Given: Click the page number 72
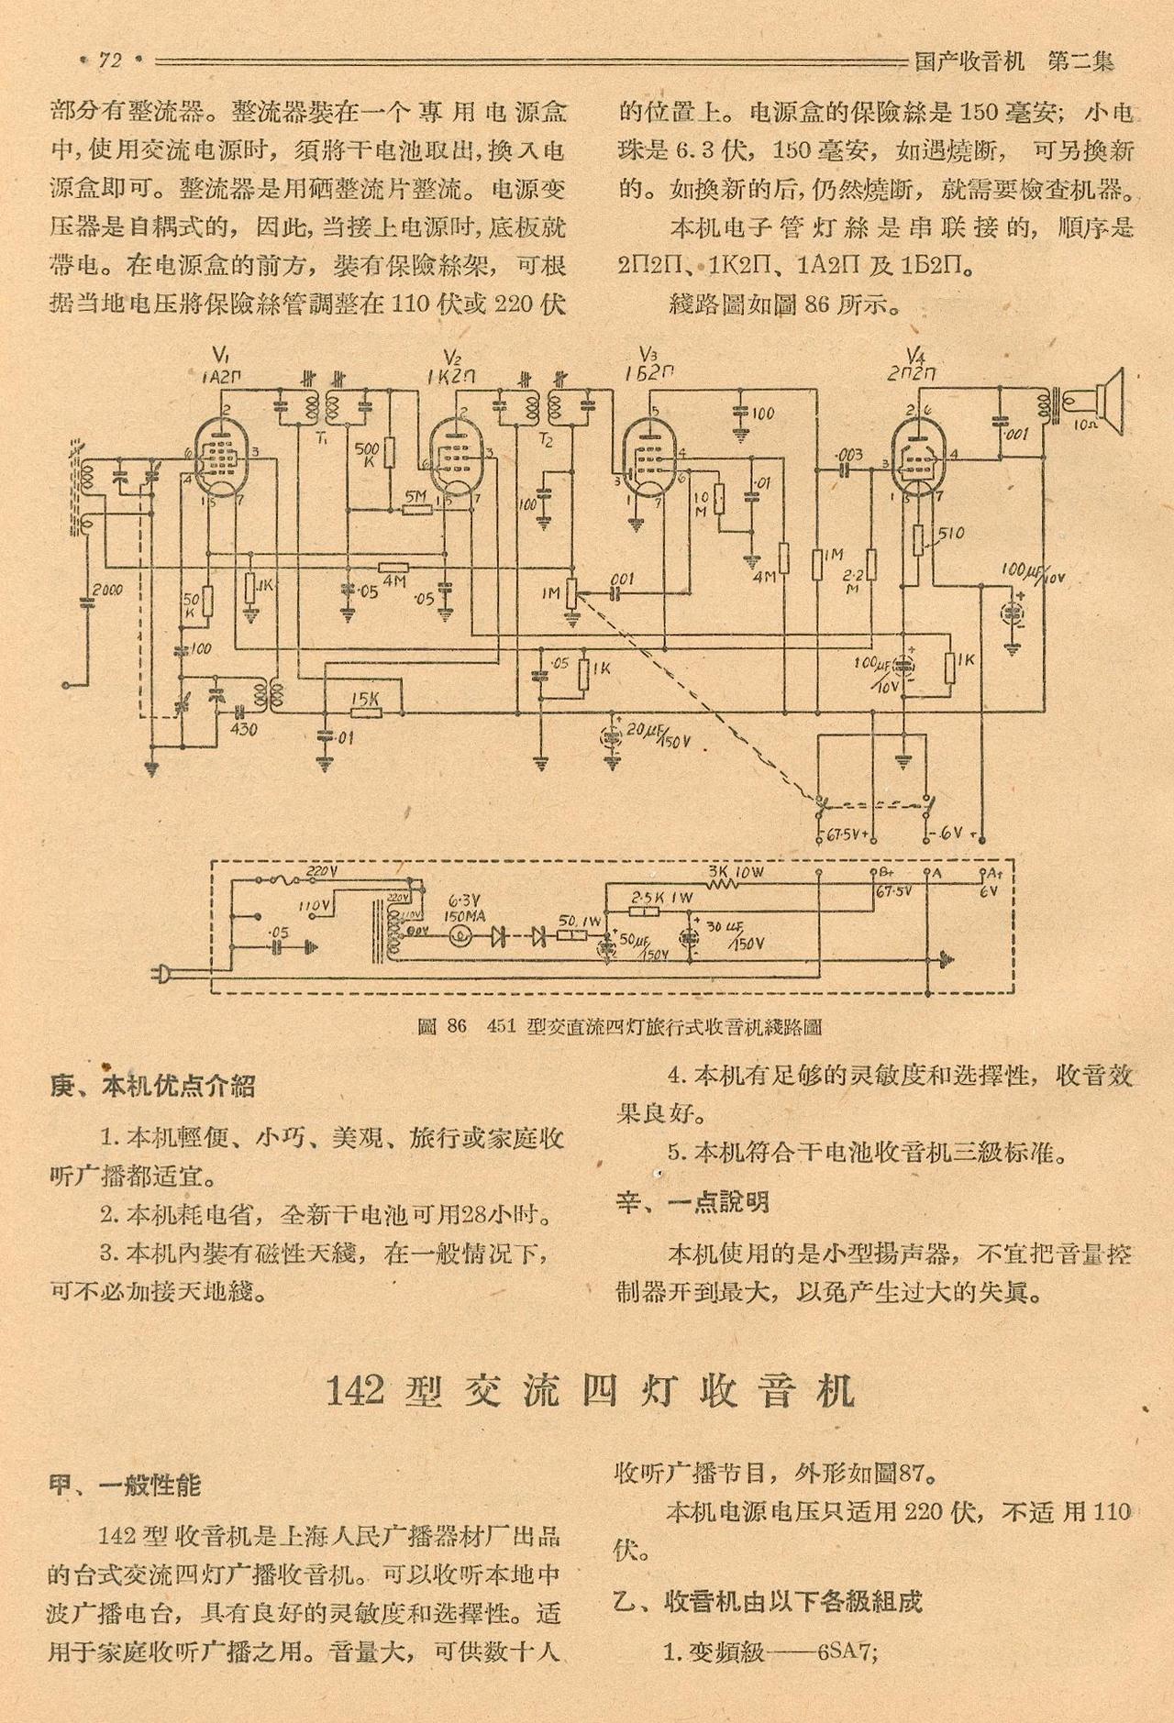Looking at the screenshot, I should click(x=110, y=61).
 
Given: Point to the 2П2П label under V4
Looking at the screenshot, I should click(x=912, y=373).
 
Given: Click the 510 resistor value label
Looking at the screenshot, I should click(x=951, y=533).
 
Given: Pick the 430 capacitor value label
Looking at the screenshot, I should click(x=244, y=731).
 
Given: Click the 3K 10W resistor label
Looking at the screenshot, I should click(x=737, y=871).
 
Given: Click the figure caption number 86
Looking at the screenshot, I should click(x=456, y=1026).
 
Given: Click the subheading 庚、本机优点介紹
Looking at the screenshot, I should click(x=152, y=1087).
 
